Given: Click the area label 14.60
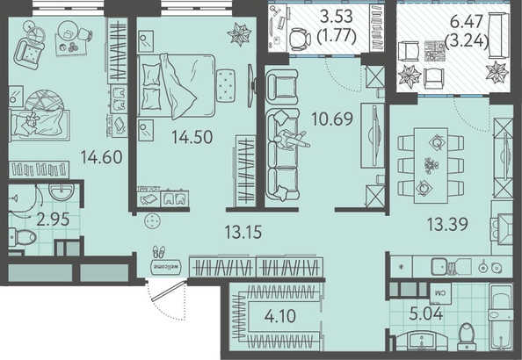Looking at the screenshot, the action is [x=102, y=157].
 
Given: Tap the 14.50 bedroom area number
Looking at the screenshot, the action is [x=192, y=137].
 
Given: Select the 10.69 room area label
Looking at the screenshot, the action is [x=332, y=119].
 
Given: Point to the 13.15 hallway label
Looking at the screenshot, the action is [x=243, y=232].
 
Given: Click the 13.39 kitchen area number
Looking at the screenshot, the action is [x=447, y=224].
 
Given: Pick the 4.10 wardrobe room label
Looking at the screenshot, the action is [x=280, y=316].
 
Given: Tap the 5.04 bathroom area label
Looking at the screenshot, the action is [x=426, y=313].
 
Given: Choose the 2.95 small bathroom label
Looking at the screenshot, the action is [x=53, y=220].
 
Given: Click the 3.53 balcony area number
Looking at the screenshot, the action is [x=337, y=17].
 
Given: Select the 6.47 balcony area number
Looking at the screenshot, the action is [x=466, y=22].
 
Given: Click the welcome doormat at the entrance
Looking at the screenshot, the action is [x=166, y=267].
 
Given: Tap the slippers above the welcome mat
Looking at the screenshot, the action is [x=159, y=252].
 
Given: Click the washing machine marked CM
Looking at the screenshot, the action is [x=440, y=293].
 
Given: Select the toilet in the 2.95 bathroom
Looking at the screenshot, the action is [x=22, y=237].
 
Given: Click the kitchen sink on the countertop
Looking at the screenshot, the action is [x=440, y=267].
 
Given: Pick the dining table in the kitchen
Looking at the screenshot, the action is [x=431, y=165].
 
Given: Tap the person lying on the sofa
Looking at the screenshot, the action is [x=291, y=140].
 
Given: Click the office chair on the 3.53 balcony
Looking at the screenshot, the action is [x=300, y=40].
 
